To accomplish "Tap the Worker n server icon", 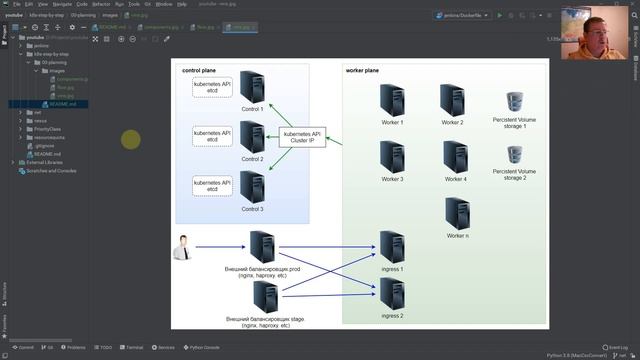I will (x=457, y=213).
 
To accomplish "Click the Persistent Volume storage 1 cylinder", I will (x=514, y=101).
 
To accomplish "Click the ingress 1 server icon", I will (x=392, y=247).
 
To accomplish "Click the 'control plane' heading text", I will (x=199, y=71).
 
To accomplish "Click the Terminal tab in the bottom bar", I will (x=132, y=347).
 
